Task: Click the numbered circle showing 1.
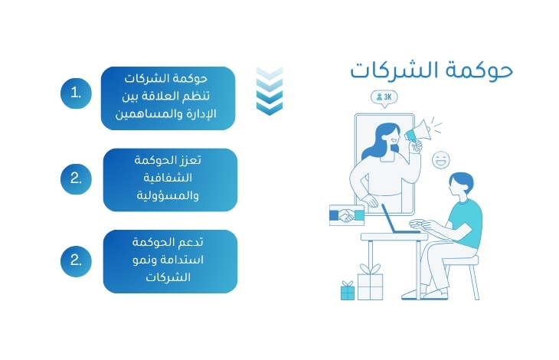76,93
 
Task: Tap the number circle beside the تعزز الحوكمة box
76,179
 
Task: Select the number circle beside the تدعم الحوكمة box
76,261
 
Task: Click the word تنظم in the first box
197,97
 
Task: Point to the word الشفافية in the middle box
168,177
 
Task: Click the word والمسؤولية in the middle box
168,195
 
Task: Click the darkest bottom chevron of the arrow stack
270,108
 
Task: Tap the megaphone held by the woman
418,131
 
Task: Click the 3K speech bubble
384,98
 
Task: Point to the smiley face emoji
441,160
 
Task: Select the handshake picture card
347,215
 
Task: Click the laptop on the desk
400,221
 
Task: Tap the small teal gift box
347,291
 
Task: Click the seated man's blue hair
463,180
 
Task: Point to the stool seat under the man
461,260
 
